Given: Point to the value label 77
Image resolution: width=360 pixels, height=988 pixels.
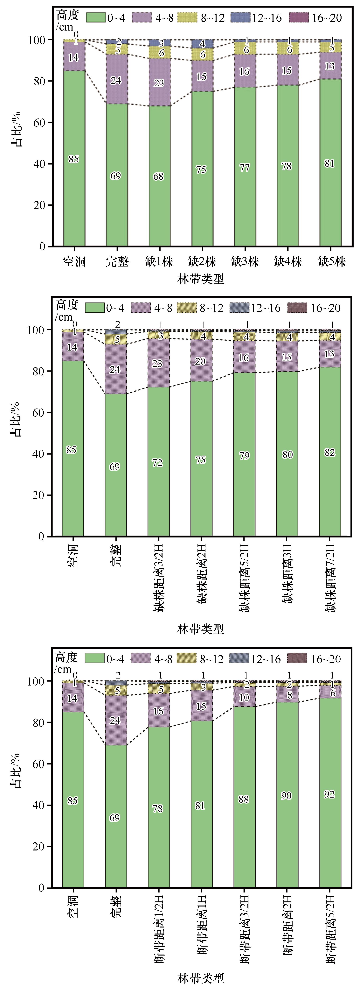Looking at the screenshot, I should coord(245,168).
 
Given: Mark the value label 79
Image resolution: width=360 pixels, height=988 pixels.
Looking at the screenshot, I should coord(244,456).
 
